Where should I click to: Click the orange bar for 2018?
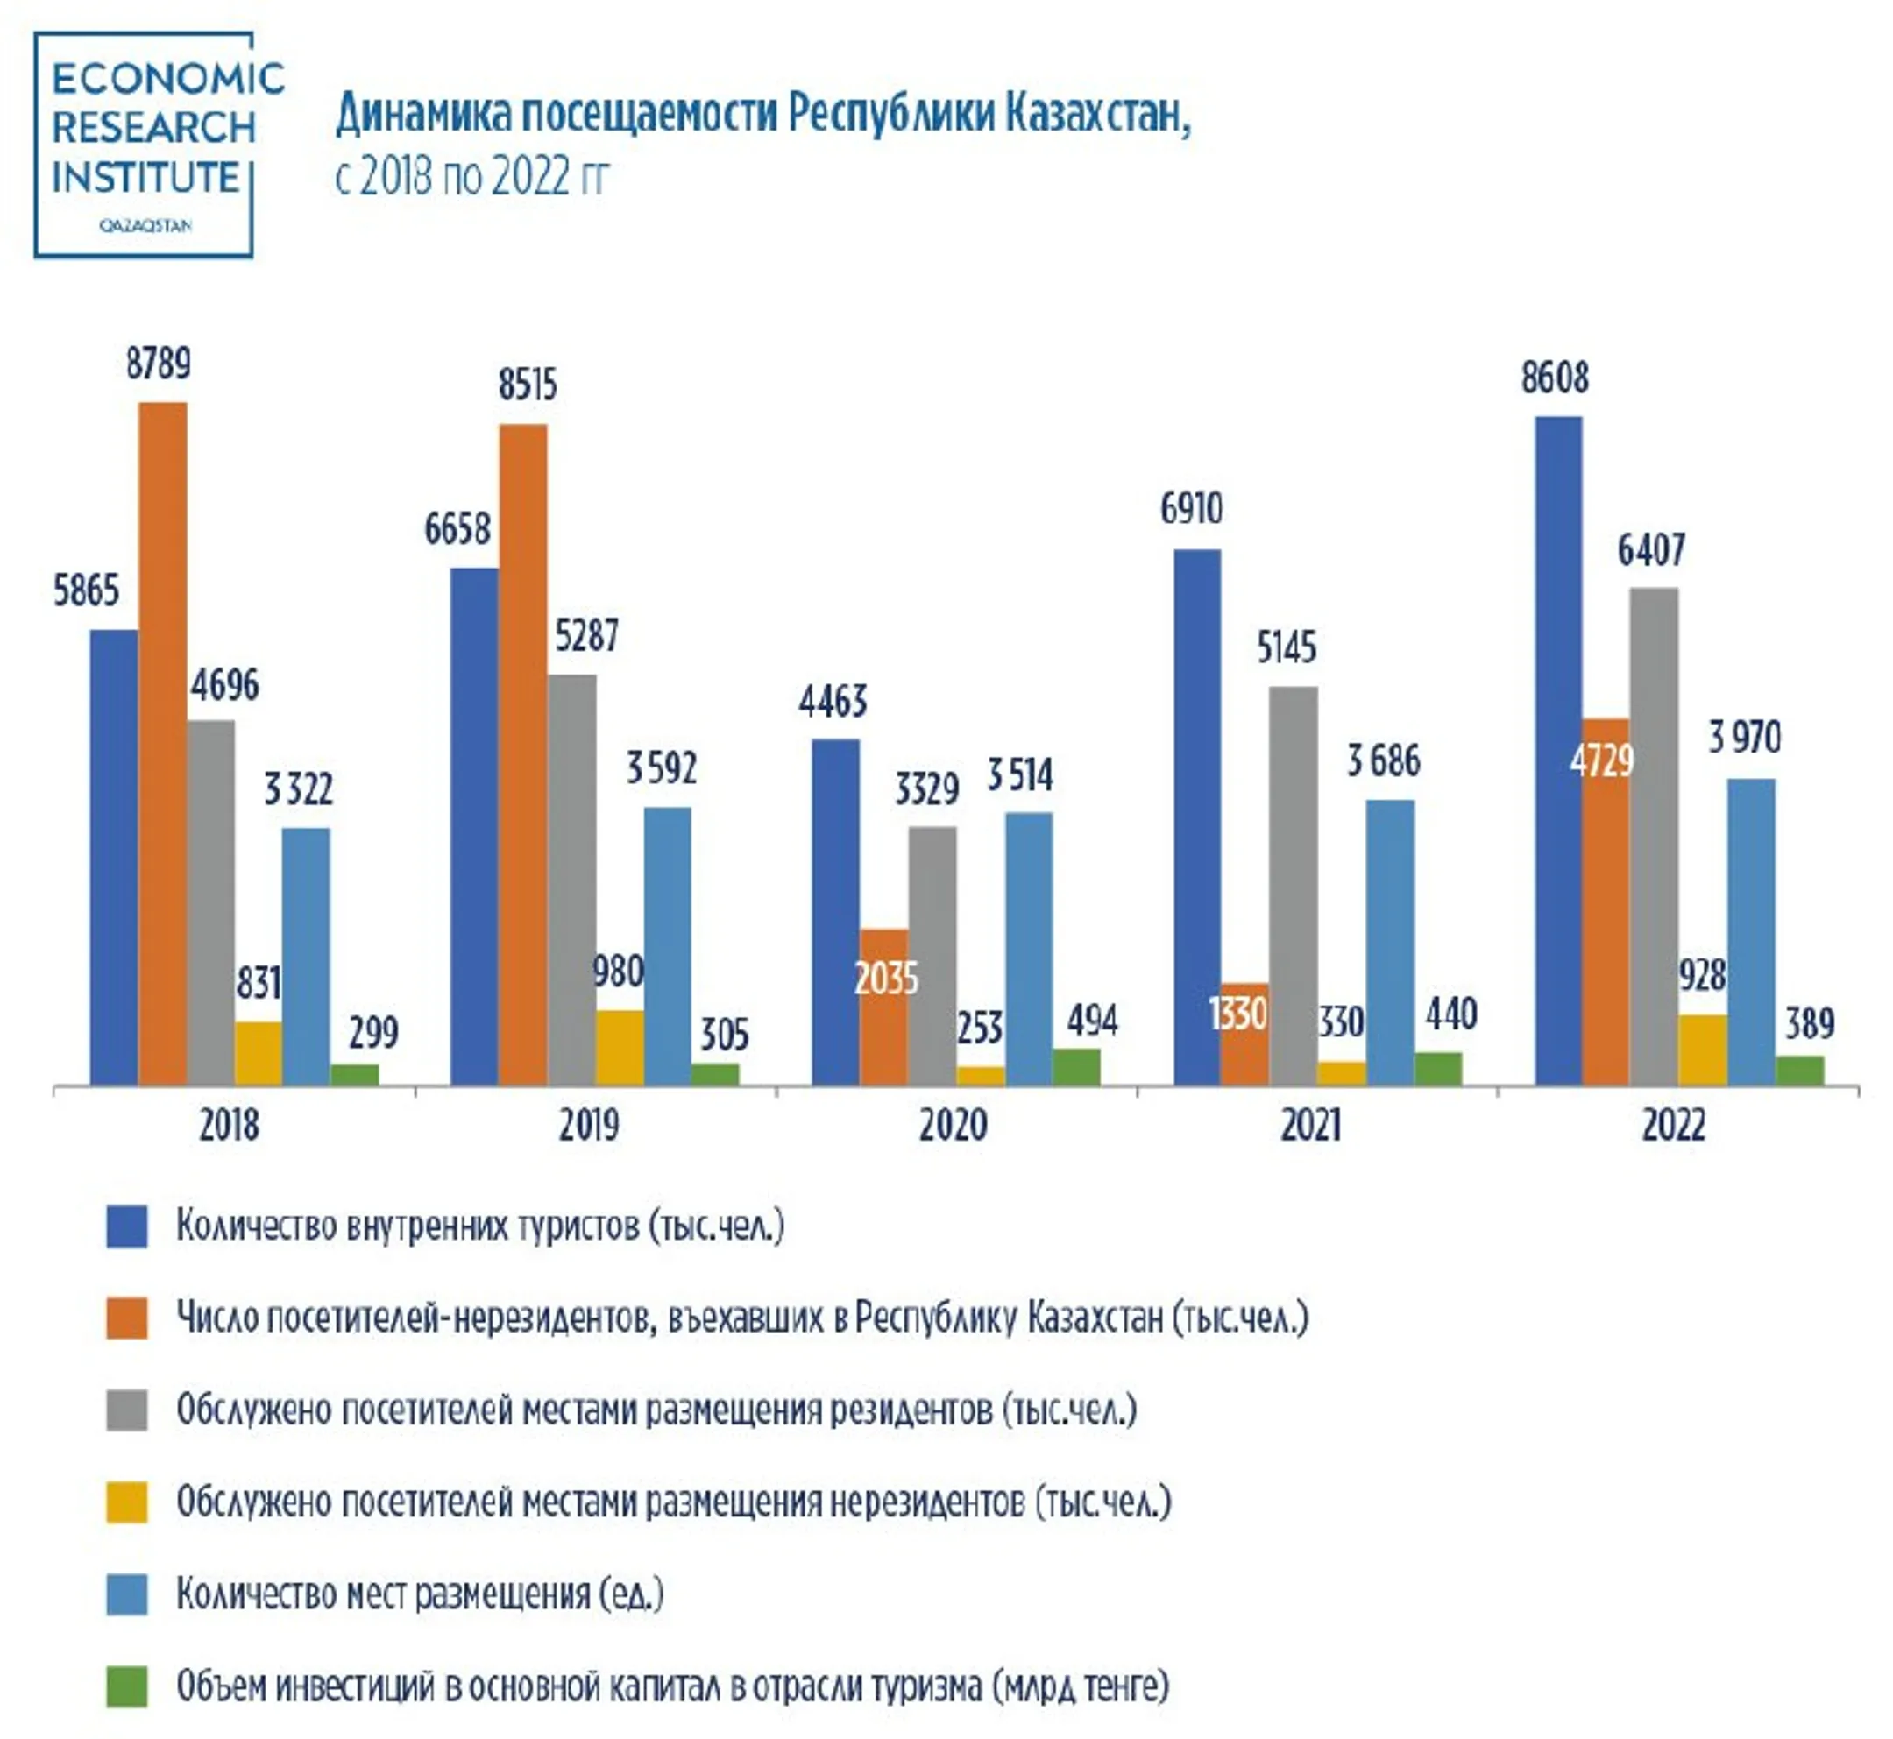point(162,744)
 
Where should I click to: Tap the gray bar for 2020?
point(932,956)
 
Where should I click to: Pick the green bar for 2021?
point(1437,1069)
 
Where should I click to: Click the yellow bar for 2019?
point(620,1049)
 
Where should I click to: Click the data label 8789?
point(158,364)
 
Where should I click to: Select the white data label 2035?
point(885,979)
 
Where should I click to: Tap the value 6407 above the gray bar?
point(1651,550)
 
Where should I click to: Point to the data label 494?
point(1092,1020)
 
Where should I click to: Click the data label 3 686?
point(1383,760)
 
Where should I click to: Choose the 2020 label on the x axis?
point(953,1126)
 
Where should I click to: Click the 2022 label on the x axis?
point(1673,1126)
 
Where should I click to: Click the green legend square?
point(126,1687)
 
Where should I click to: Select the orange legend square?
point(126,1318)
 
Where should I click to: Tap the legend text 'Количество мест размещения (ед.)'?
point(420,1594)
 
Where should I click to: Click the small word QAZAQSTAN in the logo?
point(145,226)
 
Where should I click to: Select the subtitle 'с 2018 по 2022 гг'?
point(471,176)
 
